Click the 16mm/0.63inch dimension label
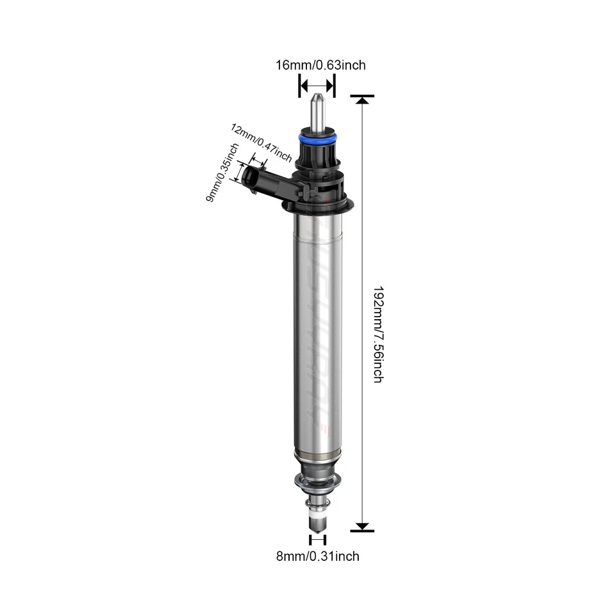tap(320, 65)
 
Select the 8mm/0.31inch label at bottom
tap(317, 556)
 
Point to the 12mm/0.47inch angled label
tap(261, 143)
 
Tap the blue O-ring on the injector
tap(317, 138)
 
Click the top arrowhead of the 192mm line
tap(363, 99)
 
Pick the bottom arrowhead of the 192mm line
tap(363, 526)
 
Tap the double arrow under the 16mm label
tap(317, 85)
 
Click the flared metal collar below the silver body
tap(317, 480)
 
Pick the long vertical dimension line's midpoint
tap(363, 313)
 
